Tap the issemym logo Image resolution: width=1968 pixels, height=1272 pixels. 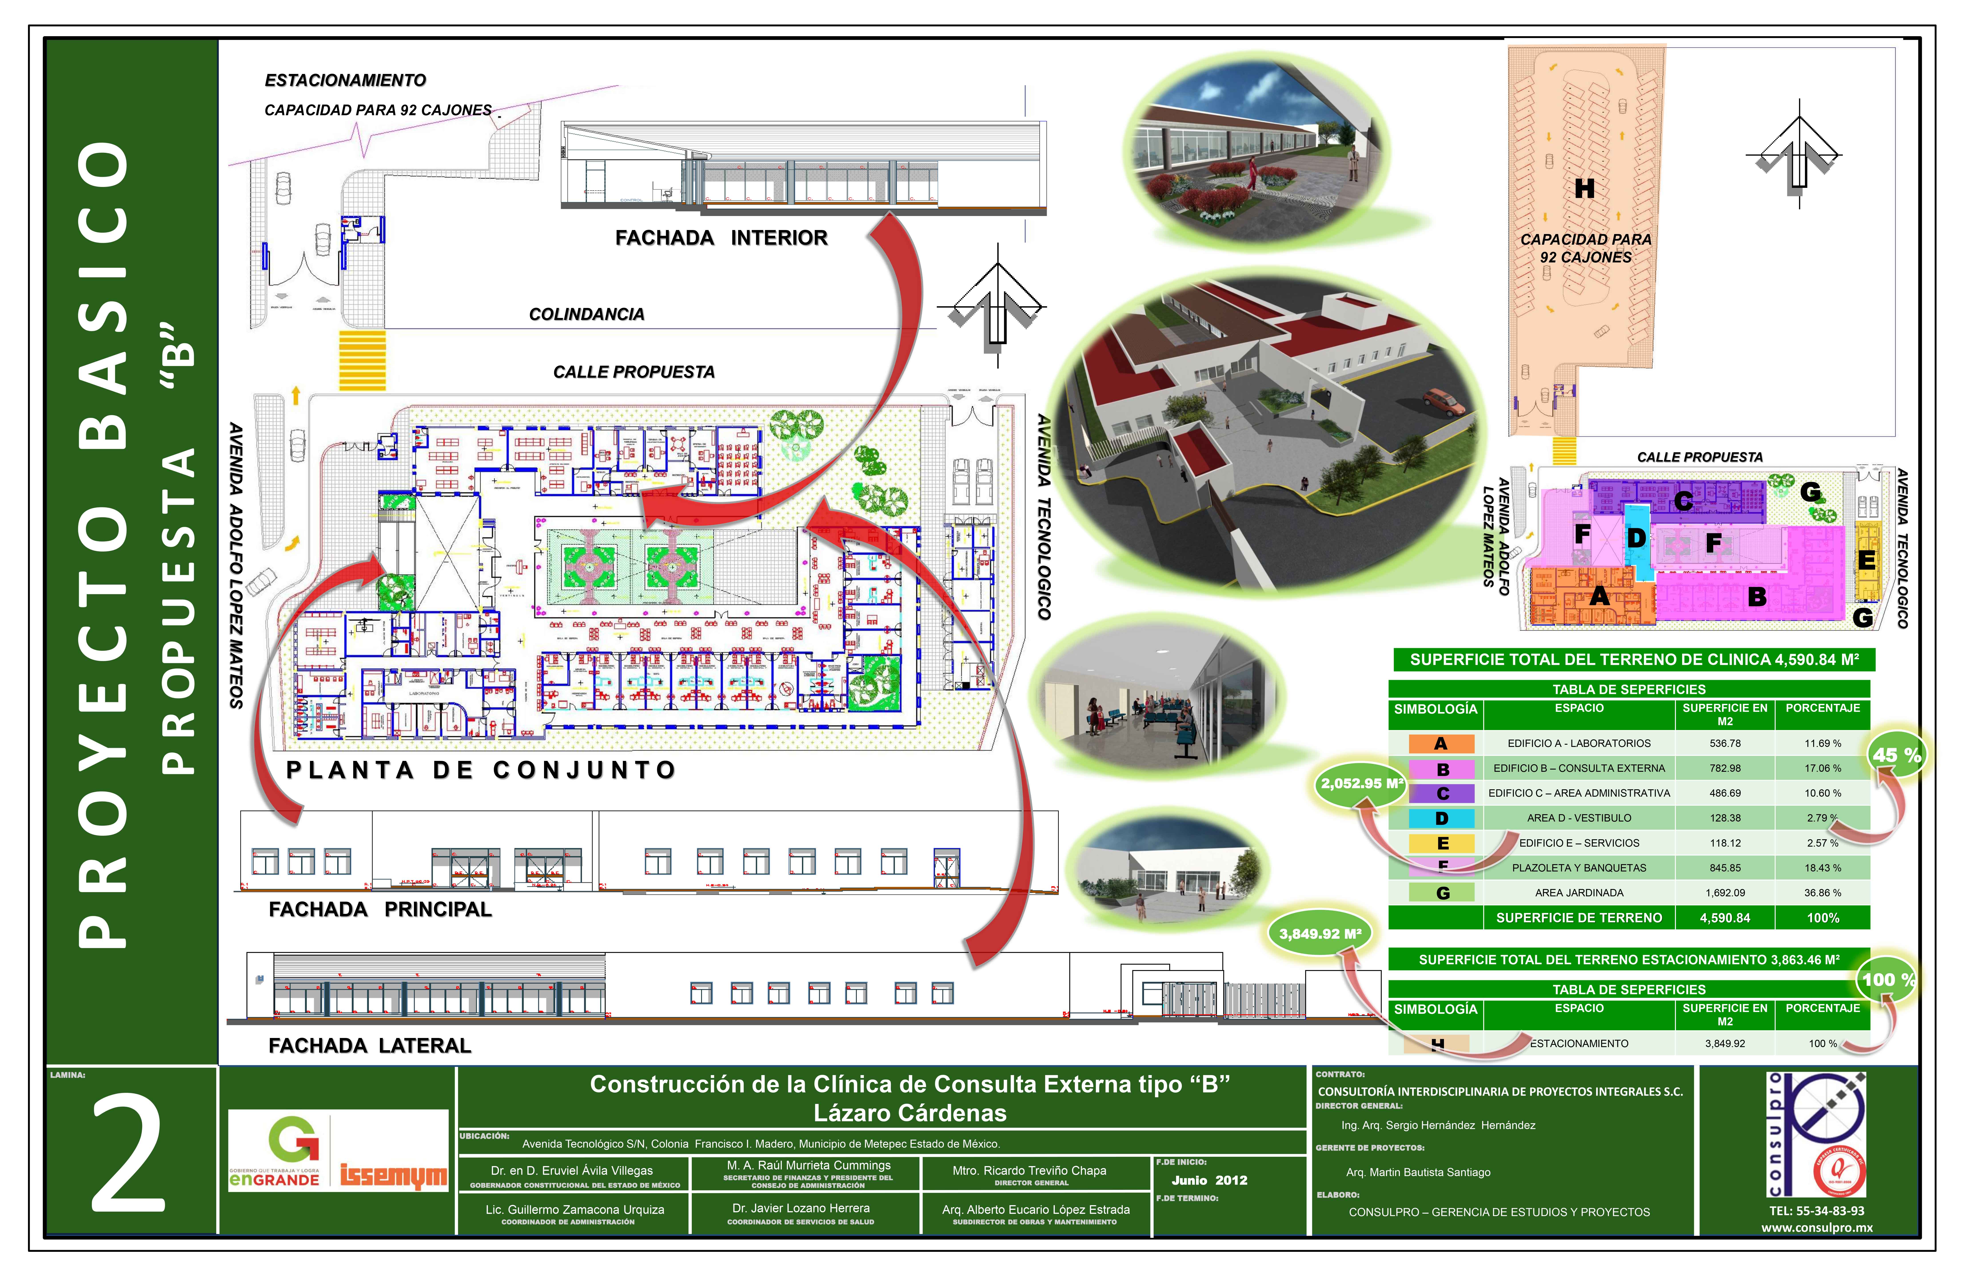point(393,1175)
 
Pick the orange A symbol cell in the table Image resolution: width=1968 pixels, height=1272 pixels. point(1441,743)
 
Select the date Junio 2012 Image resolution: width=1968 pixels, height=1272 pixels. point(1209,1180)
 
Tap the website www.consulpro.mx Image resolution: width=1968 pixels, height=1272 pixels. point(1816,1227)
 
